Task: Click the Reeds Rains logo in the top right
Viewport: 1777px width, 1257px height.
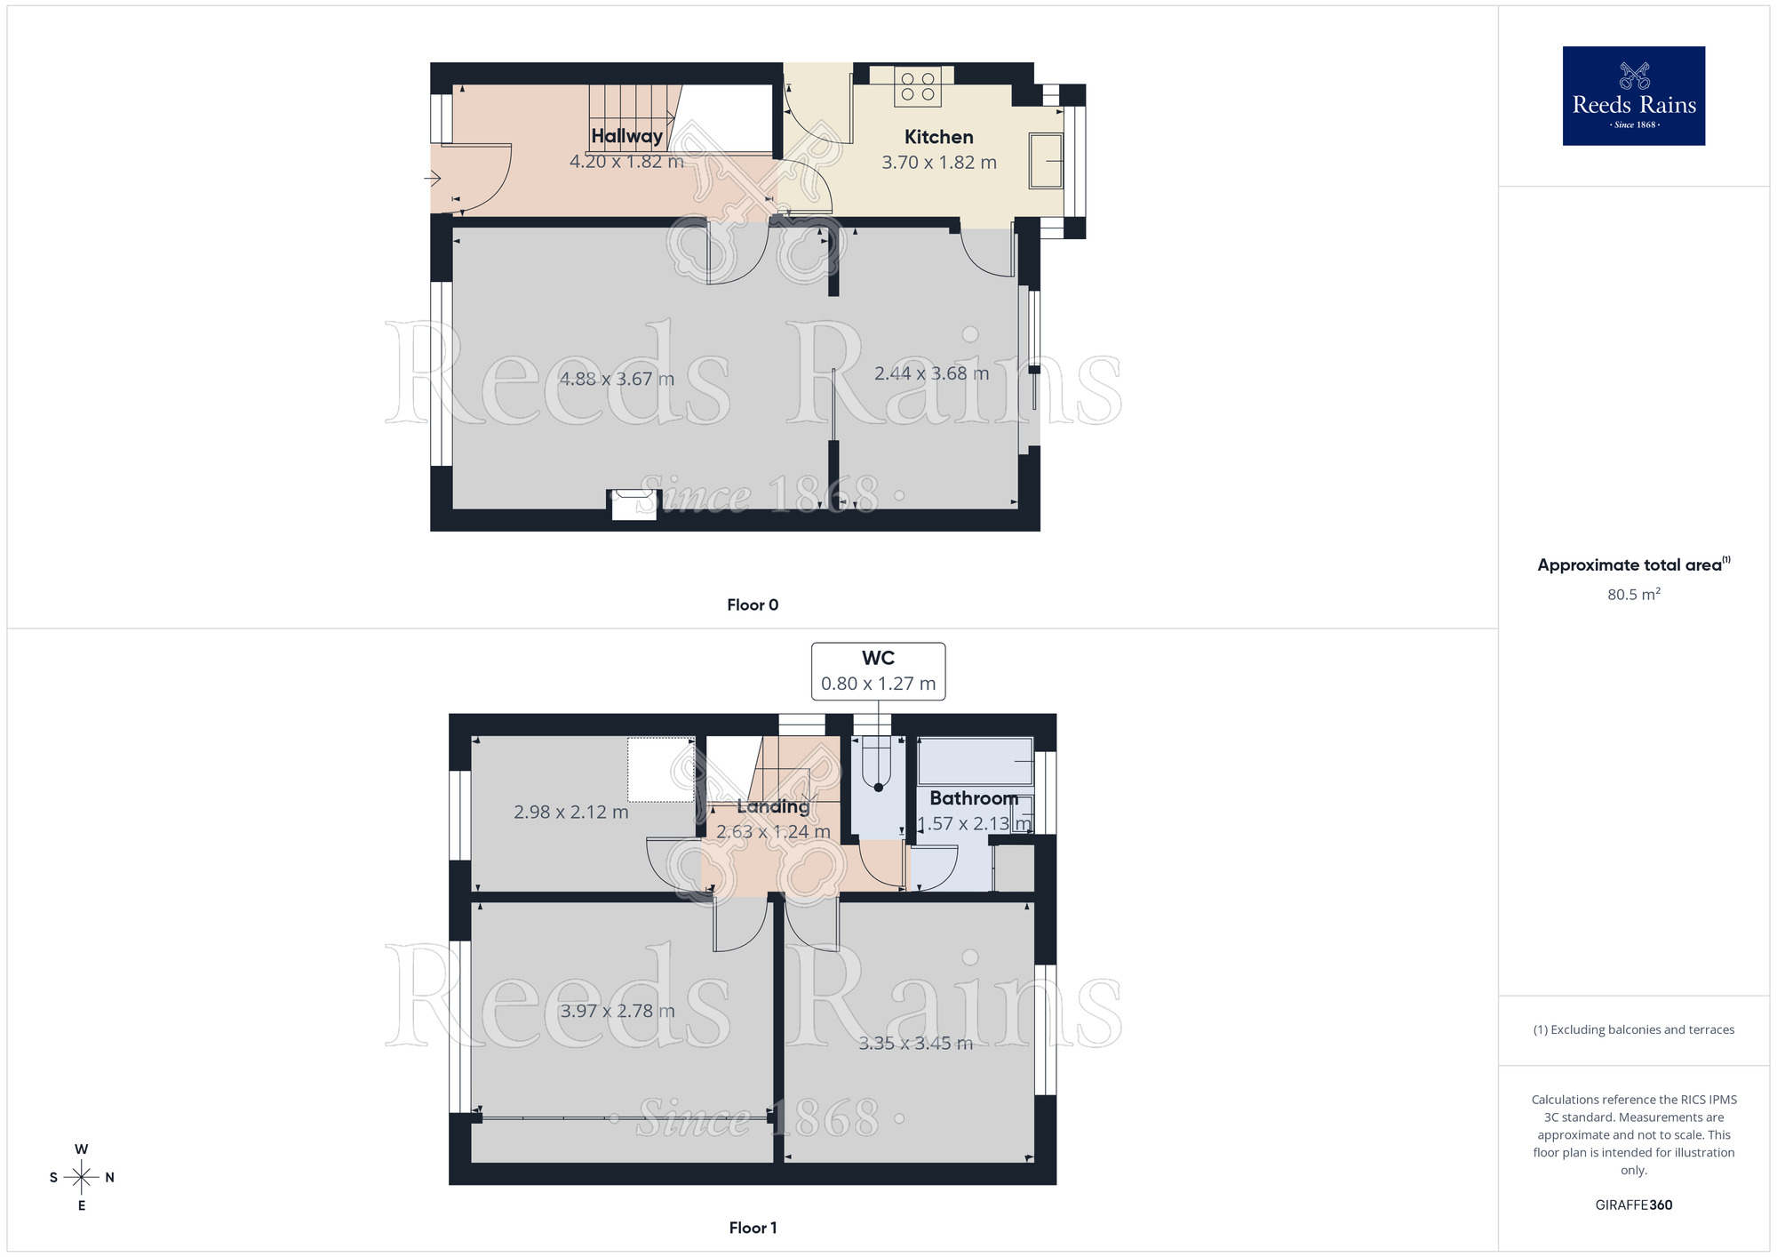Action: pyautogui.click(x=1633, y=96)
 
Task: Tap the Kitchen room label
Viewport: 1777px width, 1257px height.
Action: pyautogui.click(x=938, y=137)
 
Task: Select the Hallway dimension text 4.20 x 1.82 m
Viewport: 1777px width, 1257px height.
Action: pyautogui.click(x=626, y=162)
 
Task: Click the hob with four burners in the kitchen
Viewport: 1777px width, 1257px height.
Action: pyautogui.click(x=917, y=86)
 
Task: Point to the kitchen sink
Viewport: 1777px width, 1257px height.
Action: pyautogui.click(x=1046, y=161)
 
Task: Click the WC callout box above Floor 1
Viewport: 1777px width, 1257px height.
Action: pyautogui.click(x=878, y=671)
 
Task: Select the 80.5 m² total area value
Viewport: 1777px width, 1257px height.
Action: pyautogui.click(x=1633, y=594)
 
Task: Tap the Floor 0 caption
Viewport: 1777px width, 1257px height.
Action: pyautogui.click(x=752, y=604)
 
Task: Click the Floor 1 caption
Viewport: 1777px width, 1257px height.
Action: pyautogui.click(x=752, y=1228)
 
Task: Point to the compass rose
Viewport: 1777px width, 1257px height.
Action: pyautogui.click(x=82, y=1177)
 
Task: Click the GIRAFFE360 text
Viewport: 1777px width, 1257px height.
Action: pyautogui.click(x=1633, y=1205)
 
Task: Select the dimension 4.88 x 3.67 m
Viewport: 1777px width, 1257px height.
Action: pyautogui.click(x=617, y=379)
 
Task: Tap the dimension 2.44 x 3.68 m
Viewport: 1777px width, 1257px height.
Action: pyautogui.click(x=931, y=373)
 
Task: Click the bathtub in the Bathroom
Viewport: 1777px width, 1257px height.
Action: pyautogui.click(x=975, y=762)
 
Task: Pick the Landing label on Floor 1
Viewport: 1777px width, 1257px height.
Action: pyautogui.click(x=773, y=806)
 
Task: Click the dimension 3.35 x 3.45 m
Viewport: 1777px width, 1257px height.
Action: pyautogui.click(x=915, y=1043)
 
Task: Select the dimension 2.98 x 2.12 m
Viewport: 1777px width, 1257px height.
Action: pyautogui.click(x=570, y=812)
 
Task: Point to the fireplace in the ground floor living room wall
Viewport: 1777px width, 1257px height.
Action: pyautogui.click(x=633, y=505)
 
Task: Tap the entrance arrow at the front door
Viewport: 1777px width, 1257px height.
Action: pyautogui.click(x=433, y=179)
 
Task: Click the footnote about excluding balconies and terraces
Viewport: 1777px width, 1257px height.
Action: pyautogui.click(x=1633, y=1029)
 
